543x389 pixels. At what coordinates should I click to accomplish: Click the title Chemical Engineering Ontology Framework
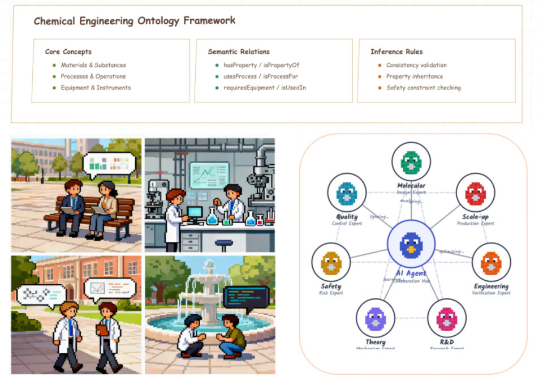coord(135,21)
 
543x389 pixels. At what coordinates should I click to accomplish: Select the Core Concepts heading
coord(68,52)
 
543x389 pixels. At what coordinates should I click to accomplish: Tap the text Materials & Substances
coord(93,65)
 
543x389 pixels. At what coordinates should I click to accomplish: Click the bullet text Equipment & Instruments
coord(96,88)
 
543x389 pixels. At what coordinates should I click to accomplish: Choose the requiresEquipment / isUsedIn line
coord(264,88)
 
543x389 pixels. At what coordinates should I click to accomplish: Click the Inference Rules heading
coord(397,52)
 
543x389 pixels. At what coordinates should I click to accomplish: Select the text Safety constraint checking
coord(423,88)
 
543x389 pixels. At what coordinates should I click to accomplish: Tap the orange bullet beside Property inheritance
coord(380,76)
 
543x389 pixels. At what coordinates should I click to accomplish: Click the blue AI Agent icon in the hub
coord(411,245)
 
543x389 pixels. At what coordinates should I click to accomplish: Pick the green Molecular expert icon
coord(411,162)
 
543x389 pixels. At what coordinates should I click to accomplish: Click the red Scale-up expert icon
coord(476,193)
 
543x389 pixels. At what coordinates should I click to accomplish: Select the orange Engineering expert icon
coord(491,262)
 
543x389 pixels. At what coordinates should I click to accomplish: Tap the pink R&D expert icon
coord(447,318)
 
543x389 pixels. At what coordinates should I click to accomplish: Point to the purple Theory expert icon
coord(375,318)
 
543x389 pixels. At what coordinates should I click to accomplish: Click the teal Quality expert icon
coord(347,193)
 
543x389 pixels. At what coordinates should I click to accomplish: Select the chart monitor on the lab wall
coord(209,175)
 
